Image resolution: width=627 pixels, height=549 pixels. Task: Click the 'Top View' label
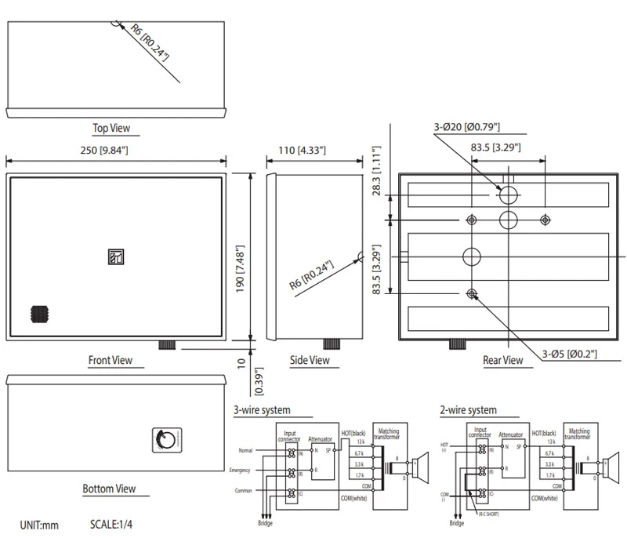pos(111,128)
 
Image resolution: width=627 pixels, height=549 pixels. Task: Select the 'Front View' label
pos(110,361)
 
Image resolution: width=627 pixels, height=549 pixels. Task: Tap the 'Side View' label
pos(310,361)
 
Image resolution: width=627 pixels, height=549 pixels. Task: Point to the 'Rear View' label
pos(502,361)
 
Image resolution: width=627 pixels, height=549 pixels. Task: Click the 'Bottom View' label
pos(109,489)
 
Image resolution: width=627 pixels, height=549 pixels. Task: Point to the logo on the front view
pos(115,256)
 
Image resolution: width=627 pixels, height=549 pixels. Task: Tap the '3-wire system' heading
pos(262,410)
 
